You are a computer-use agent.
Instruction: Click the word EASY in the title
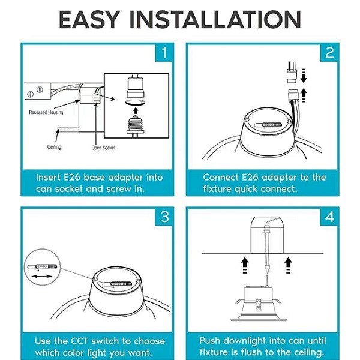89,20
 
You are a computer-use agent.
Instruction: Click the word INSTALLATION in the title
215,20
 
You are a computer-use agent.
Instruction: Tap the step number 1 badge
164,53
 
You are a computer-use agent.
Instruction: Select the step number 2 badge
329,53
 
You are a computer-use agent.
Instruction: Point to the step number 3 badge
164,217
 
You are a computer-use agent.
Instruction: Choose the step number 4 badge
329,217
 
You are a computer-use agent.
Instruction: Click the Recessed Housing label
46,112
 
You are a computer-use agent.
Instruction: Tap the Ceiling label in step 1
54,147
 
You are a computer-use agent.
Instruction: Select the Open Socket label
103,148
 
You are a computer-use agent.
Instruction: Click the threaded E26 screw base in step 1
136,126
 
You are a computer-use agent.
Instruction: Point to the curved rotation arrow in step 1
136,103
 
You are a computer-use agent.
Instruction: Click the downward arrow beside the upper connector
304,76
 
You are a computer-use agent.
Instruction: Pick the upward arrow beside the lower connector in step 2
304,95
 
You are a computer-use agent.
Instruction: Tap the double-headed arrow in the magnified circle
42,276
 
